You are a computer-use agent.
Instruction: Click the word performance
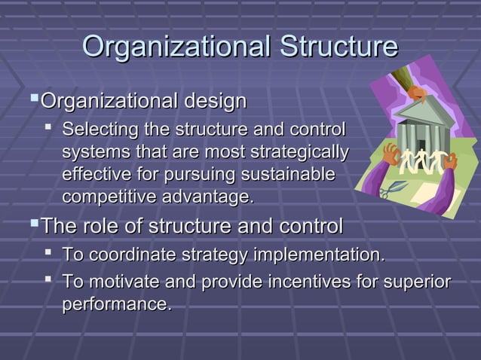pos(115,305)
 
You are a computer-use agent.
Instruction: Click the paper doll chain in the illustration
pos(423,161)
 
